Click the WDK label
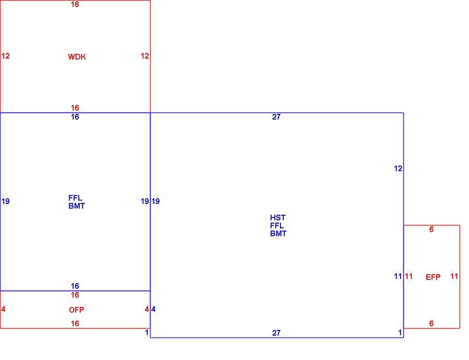[77, 57]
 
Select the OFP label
[76, 310]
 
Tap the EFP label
[433, 277]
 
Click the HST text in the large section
[278, 217]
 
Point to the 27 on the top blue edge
[276, 117]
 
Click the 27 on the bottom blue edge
[276, 333]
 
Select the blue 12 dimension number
[398, 169]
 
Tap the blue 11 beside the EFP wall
[398, 276]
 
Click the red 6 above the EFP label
[431, 229]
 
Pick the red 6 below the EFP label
[431, 323]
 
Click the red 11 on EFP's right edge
[454, 276]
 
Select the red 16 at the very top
[75, 4]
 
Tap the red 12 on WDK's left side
[5, 56]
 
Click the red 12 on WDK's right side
[145, 56]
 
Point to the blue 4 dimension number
[153, 309]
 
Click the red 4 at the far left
[3, 309]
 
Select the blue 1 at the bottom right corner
[400, 332]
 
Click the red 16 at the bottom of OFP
[75, 323]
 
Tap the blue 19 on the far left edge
[5, 201]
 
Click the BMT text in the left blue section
[76, 206]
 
